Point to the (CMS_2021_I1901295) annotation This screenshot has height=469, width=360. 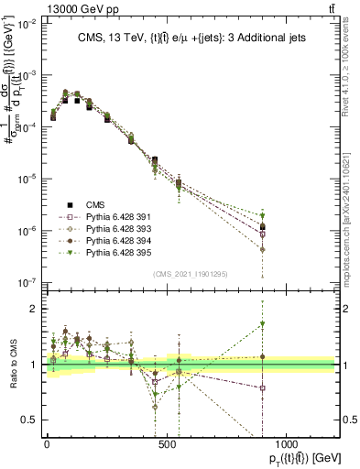[190, 271]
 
